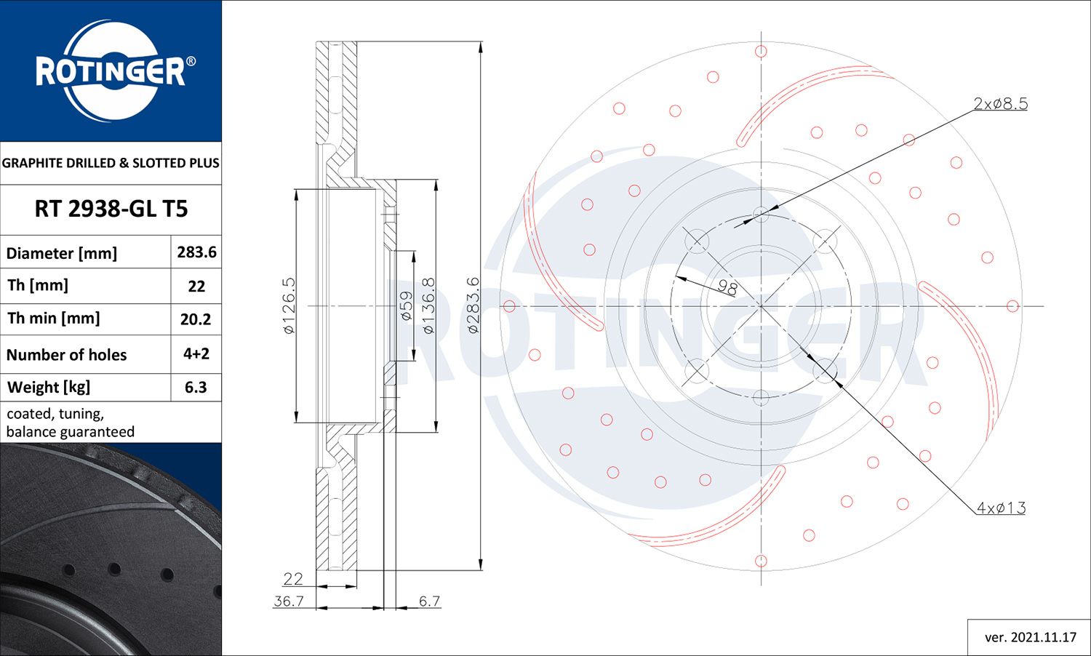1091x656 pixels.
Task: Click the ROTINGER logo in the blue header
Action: [x=111, y=71]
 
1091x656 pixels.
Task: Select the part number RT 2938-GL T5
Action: [x=111, y=209]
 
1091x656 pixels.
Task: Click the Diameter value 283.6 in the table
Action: [x=196, y=252]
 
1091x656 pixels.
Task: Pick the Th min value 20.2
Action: [x=196, y=319]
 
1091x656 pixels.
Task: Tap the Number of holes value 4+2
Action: [x=196, y=354]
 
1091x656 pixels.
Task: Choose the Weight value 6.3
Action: [x=196, y=388]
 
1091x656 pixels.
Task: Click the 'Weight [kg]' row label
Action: [x=49, y=388]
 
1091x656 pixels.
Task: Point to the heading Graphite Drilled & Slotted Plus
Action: [x=111, y=163]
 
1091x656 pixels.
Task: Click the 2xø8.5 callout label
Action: [x=1001, y=104]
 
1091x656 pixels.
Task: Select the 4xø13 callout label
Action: [x=1001, y=508]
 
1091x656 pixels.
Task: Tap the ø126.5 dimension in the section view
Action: [x=289, y=305]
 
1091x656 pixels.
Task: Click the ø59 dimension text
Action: [x=407, y=305]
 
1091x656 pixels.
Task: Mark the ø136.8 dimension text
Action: [x=428, y=305]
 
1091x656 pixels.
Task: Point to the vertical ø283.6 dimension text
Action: [x=473, y=305]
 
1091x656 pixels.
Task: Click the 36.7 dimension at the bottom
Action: [x=289, y=601]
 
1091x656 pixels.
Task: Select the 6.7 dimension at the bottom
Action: [x=429, y=601]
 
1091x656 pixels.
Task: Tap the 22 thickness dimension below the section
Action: [x=293, y=579]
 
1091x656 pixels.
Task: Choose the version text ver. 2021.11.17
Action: [x=1030, y=638]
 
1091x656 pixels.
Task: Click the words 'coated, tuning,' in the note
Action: [x=55, y=414]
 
